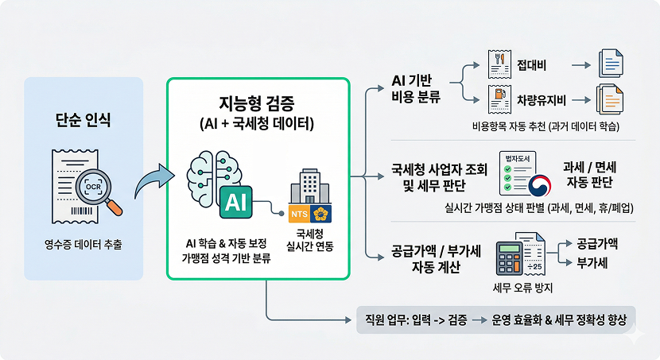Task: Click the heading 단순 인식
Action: tap(83, 121)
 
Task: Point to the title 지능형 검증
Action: tap(258, 103)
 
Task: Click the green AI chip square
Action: tap(235, 202)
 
